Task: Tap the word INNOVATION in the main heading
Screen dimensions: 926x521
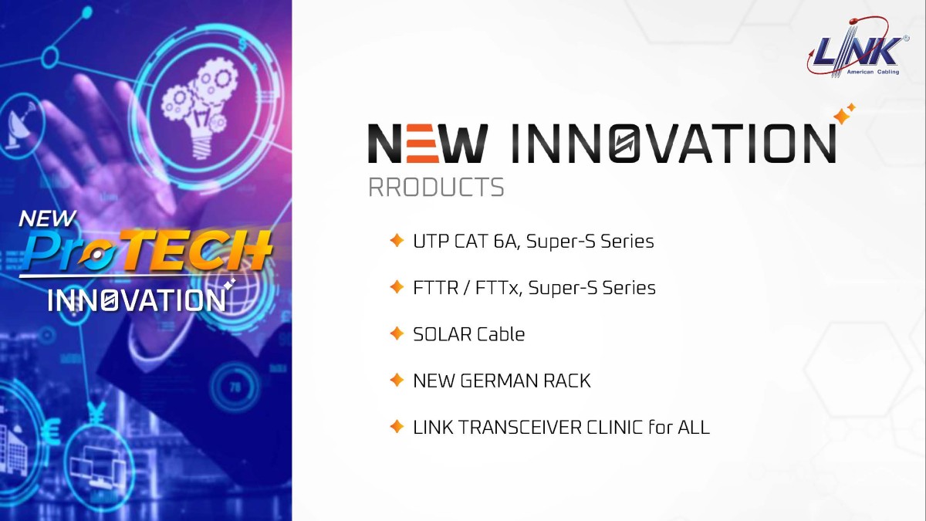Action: [x=674, y=143]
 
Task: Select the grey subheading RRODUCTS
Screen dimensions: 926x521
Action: [x=436, y=188]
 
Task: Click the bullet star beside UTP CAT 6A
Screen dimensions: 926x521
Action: [x=397, y=240]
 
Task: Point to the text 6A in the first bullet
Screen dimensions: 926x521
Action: [x=506, y=241]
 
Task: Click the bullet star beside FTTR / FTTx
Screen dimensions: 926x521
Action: [x=397, y=286]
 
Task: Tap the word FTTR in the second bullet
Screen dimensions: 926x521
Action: [x=436, y=288]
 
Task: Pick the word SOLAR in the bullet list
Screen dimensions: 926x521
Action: [x=442, y=334]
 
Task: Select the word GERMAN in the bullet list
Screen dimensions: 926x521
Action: [x=501, y=381]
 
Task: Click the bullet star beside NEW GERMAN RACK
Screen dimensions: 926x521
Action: [x=397, y=380]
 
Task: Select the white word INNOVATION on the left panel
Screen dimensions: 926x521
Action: [x=137, y=299]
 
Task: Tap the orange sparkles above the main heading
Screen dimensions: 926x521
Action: [x=844, y=113]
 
